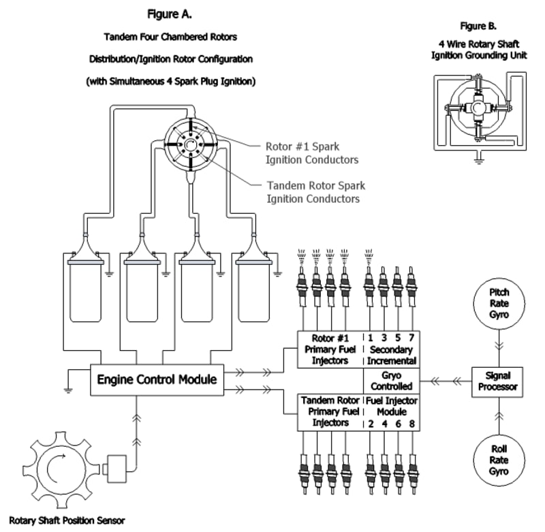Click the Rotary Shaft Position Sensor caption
click(x=67, y=520)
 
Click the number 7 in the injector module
click(x=411, y=337)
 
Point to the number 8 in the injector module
click(x=411, y=423)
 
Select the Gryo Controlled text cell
click(x=392, y=380)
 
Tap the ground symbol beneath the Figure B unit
click(x=479, y=161)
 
